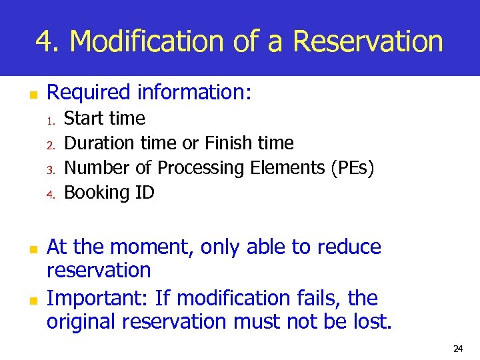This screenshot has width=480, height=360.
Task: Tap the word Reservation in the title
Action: (x=367, y=41)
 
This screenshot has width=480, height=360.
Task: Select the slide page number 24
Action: (x=458, y=348)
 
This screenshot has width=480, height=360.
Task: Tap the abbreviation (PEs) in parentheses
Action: (x=352, y=168)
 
